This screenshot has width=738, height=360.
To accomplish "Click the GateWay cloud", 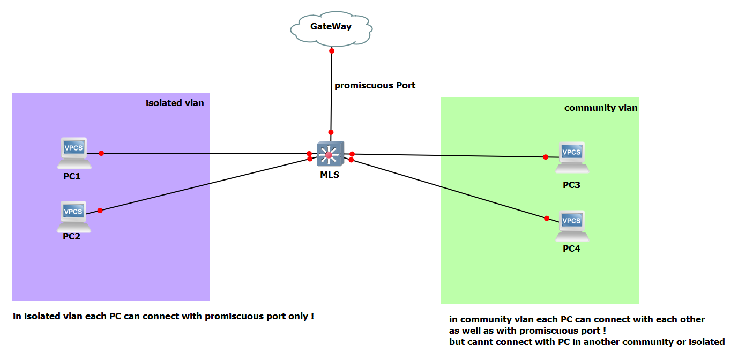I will [331, 27].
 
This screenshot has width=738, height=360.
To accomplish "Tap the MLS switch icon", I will [329, 154].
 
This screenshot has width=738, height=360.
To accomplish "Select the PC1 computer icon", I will [73, 151].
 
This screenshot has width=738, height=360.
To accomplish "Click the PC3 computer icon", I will [571, 156].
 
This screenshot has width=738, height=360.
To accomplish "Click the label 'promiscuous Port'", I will [375, 85].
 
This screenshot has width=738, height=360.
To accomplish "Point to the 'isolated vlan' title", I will [175, 103].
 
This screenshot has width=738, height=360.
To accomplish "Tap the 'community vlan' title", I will [601, 108].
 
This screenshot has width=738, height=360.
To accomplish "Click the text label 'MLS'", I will [329, 175].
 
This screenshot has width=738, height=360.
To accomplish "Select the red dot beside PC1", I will [101, 153].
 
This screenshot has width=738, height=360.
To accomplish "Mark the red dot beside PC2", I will [100, 210].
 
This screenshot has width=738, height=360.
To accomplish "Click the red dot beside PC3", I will [546, 157].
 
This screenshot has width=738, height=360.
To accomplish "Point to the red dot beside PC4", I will [547, 218].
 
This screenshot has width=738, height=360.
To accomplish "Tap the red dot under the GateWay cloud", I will [332, 51].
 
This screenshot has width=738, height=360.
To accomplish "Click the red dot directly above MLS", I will [331, 132].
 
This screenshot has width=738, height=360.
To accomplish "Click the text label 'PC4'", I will [571, 249].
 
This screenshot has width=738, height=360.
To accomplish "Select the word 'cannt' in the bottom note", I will [478, 342].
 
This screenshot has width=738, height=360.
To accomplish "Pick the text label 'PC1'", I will [72, 176].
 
